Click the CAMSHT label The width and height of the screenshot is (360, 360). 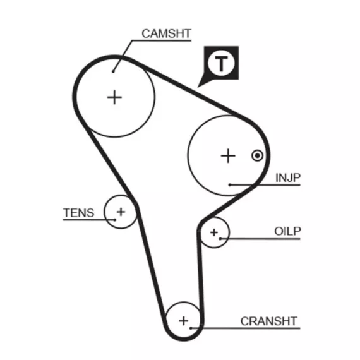point(166,33)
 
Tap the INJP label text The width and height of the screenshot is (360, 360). point(287,178)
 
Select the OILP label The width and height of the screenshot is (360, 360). point(287,231)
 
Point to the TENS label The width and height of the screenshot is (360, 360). point(79,213)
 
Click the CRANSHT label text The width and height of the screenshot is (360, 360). point(269,321)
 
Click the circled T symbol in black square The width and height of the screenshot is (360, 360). point(221,63)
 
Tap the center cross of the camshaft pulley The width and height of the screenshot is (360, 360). point(114,97)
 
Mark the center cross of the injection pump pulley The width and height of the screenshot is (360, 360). point(228,155)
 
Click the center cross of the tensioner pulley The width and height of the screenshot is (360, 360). point(121,212)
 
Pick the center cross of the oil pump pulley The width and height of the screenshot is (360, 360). point(214,232)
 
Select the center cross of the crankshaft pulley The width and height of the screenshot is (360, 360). point(184,321)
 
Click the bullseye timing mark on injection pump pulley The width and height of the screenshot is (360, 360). point(258,155)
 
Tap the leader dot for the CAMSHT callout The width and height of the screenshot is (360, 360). point(113,71)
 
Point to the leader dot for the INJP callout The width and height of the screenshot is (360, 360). point(230,185)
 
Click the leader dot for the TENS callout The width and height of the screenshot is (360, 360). point(115,220)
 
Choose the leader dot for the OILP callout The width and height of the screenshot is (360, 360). point(220,239)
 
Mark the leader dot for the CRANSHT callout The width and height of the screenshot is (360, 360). point(191,328)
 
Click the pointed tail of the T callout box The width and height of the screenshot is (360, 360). point(198,87)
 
